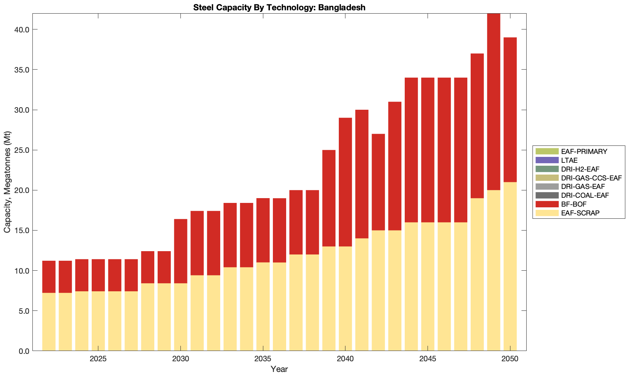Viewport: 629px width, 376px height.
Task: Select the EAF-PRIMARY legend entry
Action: [584, 151]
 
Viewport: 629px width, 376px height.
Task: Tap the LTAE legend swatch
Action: [547, 160]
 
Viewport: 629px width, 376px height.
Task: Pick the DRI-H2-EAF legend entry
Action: [580, 169]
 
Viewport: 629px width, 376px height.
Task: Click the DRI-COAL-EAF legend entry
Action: [585, 195]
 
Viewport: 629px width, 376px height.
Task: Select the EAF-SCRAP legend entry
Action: [580, 213]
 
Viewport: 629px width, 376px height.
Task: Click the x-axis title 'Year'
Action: [279, 369]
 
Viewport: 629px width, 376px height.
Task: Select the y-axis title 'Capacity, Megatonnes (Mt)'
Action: [7, 182]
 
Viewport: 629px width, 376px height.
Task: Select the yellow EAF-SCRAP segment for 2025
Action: [98, 321]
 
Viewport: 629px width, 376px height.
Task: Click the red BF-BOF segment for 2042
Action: [378, 182]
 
